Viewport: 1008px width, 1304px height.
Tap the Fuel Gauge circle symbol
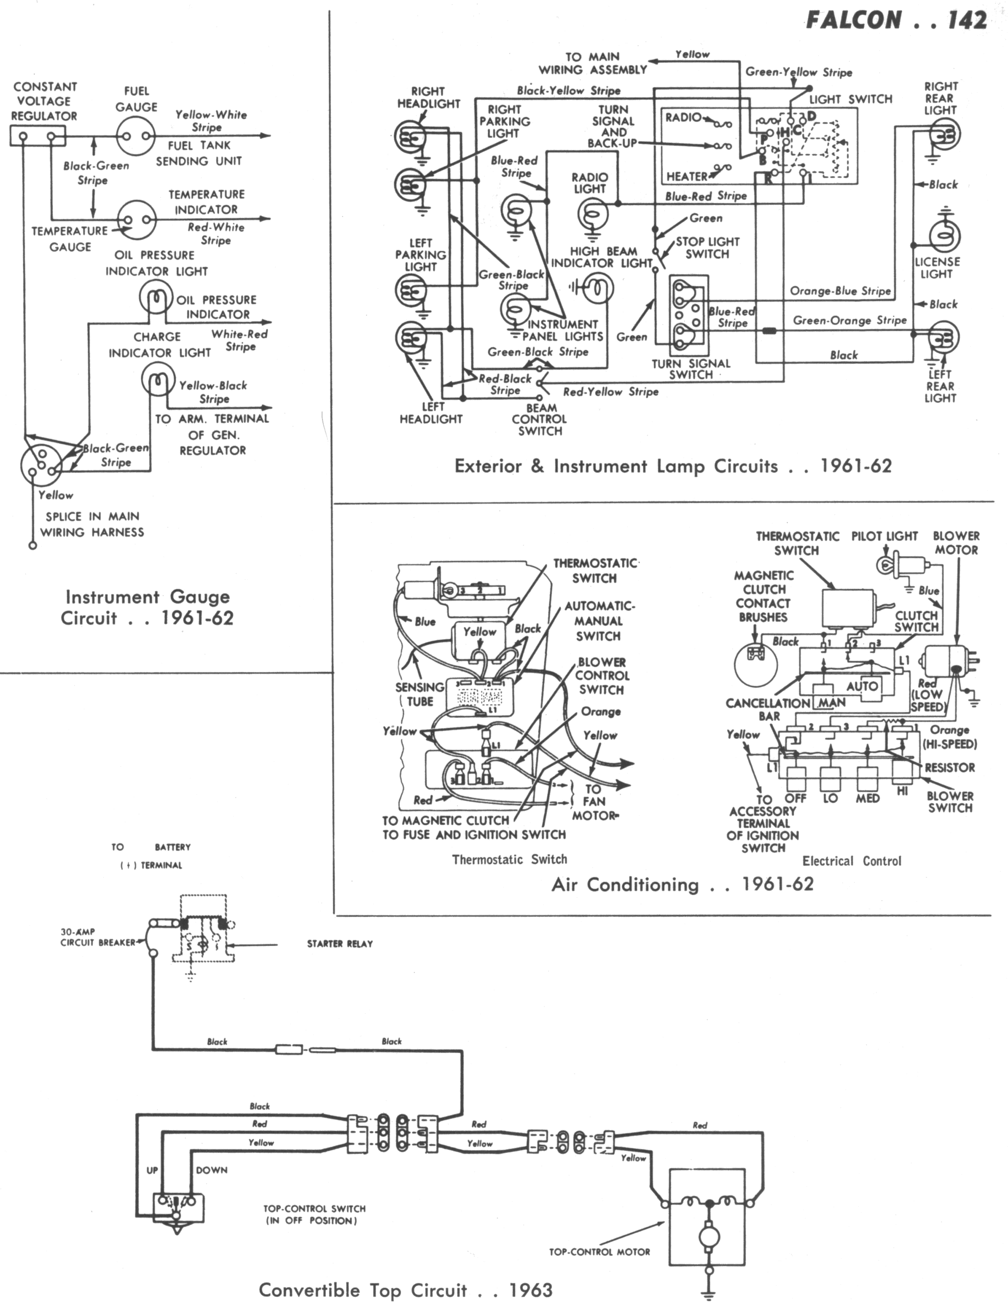[x=136, y=135]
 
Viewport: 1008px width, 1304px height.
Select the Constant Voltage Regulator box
[x=37, y=136]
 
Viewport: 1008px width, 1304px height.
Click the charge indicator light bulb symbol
[x=159, y=381]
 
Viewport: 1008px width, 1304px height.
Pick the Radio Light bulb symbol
[x=592, y=212]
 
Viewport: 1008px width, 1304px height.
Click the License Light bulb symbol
[x=943, y=236]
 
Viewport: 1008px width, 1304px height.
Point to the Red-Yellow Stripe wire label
[x=610, y=392]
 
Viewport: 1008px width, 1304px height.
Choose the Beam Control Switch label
[x=540, y=419]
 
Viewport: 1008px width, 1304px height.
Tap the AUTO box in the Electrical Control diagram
[x=861, y=686]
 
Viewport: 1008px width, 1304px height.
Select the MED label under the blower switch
[x=867, y=798]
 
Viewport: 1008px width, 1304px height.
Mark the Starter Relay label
[x=340, y=944]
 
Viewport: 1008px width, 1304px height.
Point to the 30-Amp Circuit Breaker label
[x=97, y=937]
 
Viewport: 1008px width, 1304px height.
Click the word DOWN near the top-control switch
[x=211, y=1170]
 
